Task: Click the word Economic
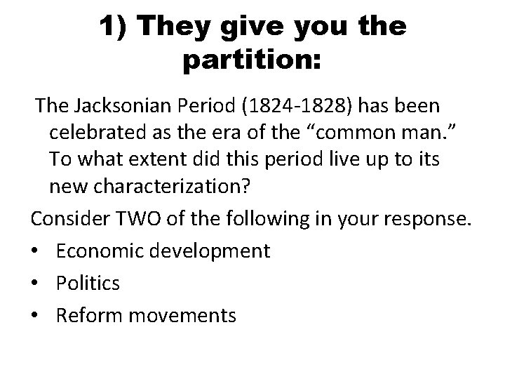pyautogui.click(x=97, y=251)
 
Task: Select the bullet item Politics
pyautogui.click(x=88, y=283)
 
